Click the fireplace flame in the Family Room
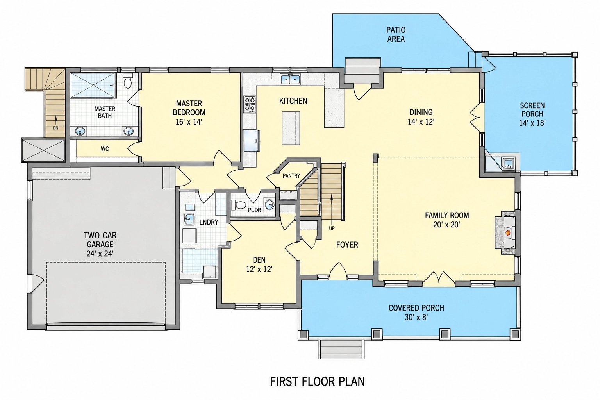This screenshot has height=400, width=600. click(507, 232)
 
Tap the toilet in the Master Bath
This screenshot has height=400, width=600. click(128, 81)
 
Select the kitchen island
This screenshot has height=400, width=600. click(291, 128)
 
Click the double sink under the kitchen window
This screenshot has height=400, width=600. click(290, 80)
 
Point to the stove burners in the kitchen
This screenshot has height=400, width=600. click(250, 104)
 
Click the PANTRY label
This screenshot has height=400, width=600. click(291, 176)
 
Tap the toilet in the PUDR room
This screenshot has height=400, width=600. click(239, 205)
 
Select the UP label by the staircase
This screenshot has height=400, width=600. click(332, 228)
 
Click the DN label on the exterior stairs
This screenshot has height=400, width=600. click(55, 128)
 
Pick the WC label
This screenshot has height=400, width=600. click(105, 149)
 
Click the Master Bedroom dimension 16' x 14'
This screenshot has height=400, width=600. click(189, 122)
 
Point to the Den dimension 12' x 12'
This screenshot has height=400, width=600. click(259, 269)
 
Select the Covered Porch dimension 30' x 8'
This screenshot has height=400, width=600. click(416, 317)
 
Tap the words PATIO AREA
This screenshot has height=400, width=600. click(396, 34)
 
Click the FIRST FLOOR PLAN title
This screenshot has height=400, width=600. click(317, 381)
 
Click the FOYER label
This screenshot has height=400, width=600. click(347, 245)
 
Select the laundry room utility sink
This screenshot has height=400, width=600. click(189, 220)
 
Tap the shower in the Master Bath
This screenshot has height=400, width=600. click(93, 86)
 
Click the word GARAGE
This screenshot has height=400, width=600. click(100, 245)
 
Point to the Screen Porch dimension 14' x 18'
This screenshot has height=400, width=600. click(532, 123)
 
